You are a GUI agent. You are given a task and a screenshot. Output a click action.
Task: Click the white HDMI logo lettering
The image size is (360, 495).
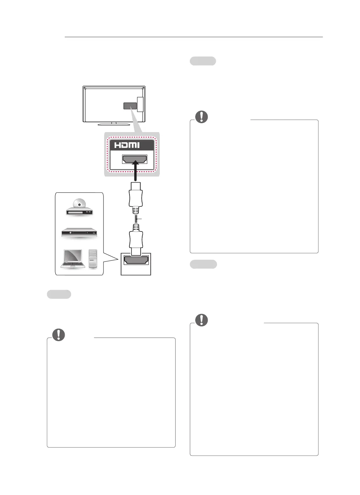coord(127,145)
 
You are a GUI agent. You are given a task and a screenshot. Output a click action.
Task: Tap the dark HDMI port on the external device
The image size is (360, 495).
coord(136,260)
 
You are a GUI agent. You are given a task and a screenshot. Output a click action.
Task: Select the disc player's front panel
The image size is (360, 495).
coord(79,212)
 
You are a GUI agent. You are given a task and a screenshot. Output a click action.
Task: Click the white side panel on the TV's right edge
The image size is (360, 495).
coord(140,104)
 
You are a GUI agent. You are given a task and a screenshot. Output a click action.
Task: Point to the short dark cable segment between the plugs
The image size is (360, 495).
coord(136,219)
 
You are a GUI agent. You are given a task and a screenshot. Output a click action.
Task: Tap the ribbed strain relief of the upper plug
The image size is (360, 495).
coord(136,210)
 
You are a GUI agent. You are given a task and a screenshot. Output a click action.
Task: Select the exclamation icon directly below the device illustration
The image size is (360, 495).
coord(59,335)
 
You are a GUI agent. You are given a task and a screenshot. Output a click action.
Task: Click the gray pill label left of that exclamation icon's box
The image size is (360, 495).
coord(59,294)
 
